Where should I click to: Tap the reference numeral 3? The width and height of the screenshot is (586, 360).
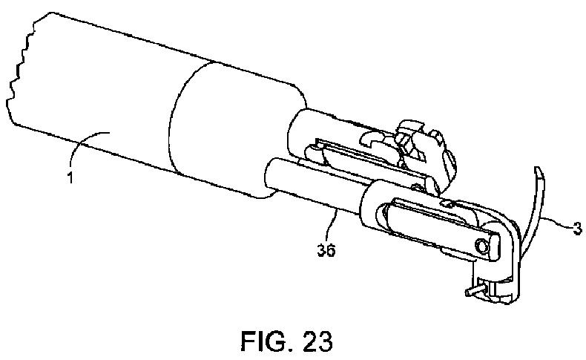pos(576,229)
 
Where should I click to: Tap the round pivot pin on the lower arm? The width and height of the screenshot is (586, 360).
pos(483,246)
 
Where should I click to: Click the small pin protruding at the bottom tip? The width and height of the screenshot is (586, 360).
pos(470,292)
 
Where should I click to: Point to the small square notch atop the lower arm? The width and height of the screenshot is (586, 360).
pos(448,203)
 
